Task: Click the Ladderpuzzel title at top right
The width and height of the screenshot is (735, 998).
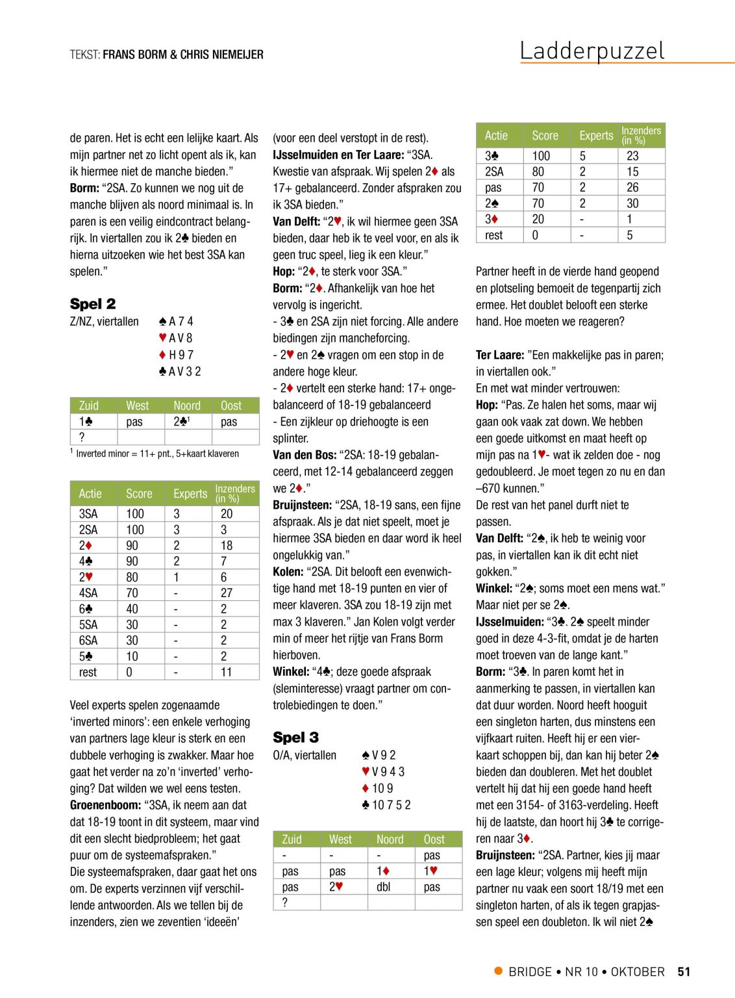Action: pyautogui.click(x=592, y=50)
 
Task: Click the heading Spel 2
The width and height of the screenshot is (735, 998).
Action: pyautogui.click(x=93, y=303)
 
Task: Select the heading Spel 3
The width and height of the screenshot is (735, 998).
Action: pyautogui.click(x=295, y=737)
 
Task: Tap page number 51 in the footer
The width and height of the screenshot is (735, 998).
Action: pyautogui.click(x=684, y=971)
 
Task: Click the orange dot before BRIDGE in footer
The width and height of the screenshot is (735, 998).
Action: pyautogui.click(x=499, y=971)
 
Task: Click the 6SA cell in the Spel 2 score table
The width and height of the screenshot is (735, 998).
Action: pyautogui.click(x=88, y=640)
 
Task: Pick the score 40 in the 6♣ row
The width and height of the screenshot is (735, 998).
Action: pyautogui.click(x=132, y=609)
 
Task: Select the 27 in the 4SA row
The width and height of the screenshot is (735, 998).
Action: pyautogui.click(x=227, y=593)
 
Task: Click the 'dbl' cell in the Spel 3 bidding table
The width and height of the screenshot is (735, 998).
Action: pyautogui.click(x=384, y=887)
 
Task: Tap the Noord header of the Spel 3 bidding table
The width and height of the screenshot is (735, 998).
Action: pyautogui.click(x=390, y=839)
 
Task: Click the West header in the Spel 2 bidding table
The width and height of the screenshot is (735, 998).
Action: pyautogui.click(x=138, y=405)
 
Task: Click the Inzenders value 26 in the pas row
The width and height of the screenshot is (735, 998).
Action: pyautogui.click(x=632, y=187)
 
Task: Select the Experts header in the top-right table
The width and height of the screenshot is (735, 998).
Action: pyautogui.click(x=596, y=135)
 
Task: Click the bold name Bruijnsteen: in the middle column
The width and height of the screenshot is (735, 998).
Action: pyautogui.click(x=302, y=505)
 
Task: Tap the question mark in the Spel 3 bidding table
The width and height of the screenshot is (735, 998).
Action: pyautogui.click(x=284, y=902)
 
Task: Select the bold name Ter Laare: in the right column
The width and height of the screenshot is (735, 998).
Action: pyautogui.click(x=500, y=355)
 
